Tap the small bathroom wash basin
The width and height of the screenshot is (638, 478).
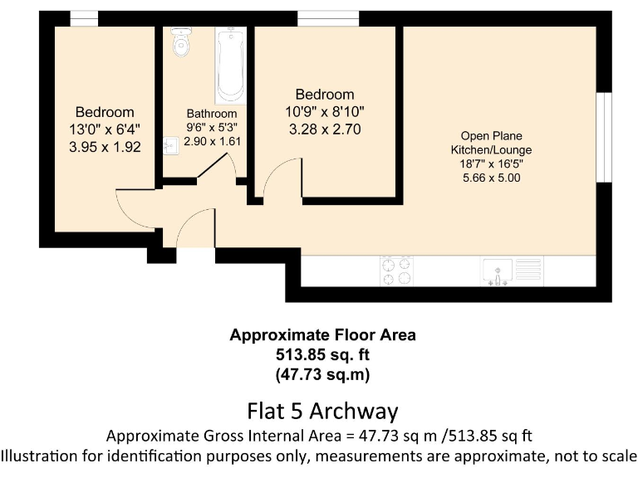[x=170, y=147]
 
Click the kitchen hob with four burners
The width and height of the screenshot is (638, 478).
[x=395, y=270]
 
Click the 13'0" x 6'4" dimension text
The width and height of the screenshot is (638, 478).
[x=105, y=129]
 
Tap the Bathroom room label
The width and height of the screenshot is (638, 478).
[x=211, y=114]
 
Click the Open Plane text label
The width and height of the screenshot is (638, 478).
[x=491, y=136]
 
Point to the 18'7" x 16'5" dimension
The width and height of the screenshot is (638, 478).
[x=491, y=163]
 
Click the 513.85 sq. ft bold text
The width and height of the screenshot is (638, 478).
[x=322, y=354]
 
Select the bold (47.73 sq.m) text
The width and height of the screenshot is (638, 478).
[x=322, y=373]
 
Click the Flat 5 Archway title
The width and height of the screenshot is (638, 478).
[x=322, y=411]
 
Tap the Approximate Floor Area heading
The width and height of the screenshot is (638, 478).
[x=322, y=335]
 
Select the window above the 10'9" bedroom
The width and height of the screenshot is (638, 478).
[x=328, y=18]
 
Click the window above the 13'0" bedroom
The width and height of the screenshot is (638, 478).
[x=83, y=18]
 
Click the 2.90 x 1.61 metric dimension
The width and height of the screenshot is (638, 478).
[x=211, y=143]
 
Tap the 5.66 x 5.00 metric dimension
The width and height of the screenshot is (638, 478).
[x=491, y=178]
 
